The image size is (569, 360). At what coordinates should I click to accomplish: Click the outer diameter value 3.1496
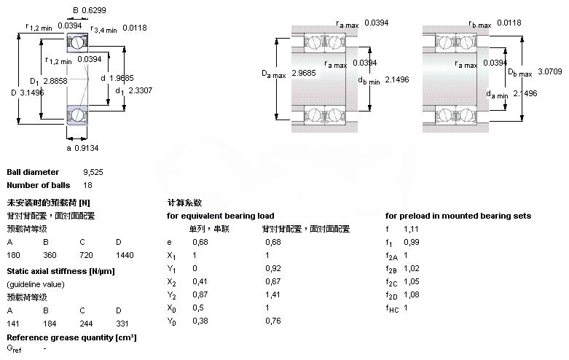(x=32, y=93)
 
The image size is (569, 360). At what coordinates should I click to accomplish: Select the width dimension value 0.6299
(x=92, y=9)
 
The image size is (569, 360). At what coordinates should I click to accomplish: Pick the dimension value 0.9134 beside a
(x=87, y=148)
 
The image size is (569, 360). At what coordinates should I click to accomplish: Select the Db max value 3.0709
(x=551, y=71)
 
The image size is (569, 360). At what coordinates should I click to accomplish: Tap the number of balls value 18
(x=87, y=185)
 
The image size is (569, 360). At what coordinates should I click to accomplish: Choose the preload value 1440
(x=124, y=255)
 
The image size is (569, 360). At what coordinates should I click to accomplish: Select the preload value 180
(x=13, y=255)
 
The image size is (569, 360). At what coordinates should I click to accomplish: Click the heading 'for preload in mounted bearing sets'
(x=458, y=216)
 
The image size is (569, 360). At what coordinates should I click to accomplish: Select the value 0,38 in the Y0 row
(x=198, y=321)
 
